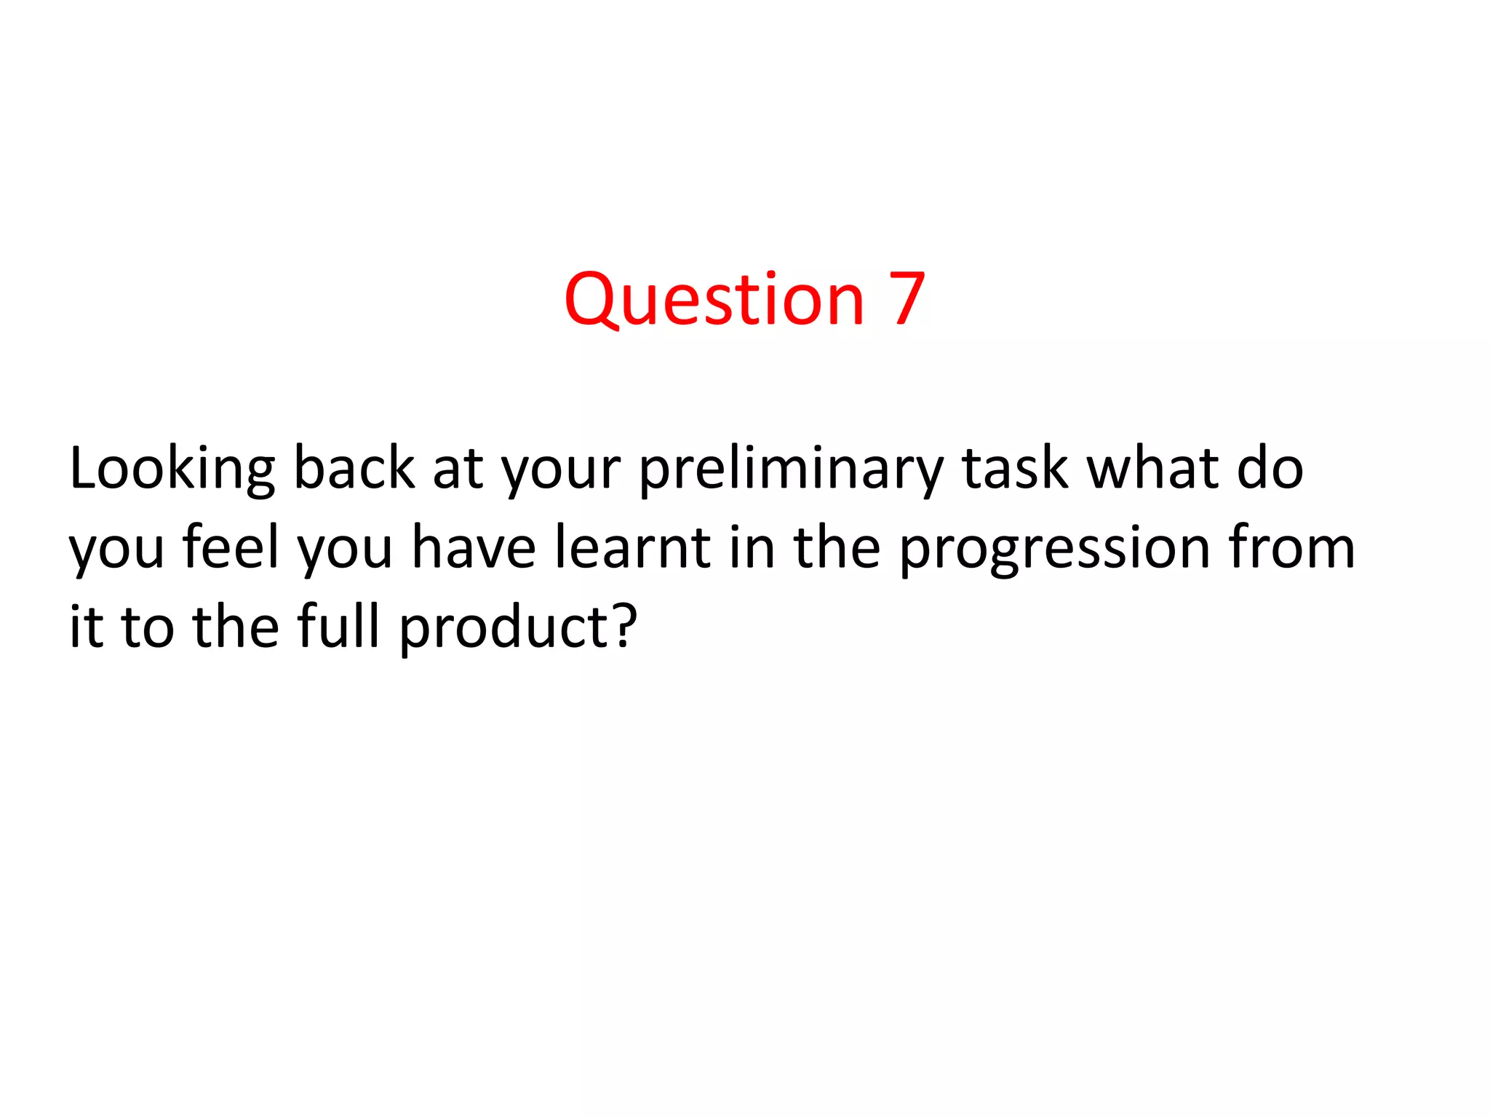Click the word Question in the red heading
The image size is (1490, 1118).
714,299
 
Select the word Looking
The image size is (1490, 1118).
172,470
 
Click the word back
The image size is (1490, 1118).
354,469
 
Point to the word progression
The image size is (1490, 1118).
1054,553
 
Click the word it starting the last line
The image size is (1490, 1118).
86,627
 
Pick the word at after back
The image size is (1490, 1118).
458,470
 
